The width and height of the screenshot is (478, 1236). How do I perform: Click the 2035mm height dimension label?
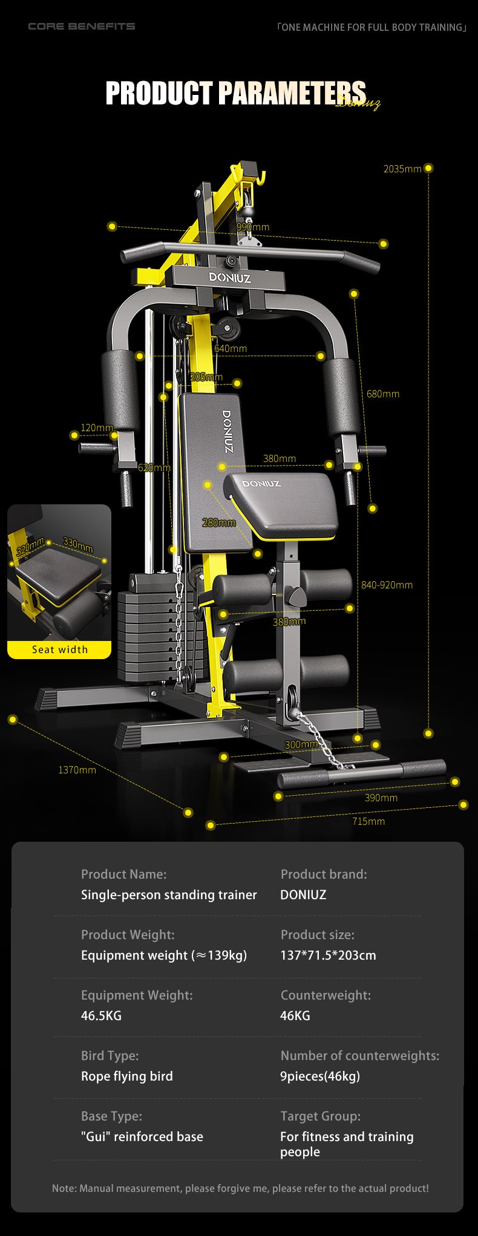click(402, 169)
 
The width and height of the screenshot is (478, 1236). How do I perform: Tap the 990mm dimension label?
click(253, 227)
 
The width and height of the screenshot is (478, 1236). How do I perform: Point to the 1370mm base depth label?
click(77, 770)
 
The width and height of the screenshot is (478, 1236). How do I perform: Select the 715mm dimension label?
click(368, 821)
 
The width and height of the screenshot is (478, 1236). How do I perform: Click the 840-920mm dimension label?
click(387, 585)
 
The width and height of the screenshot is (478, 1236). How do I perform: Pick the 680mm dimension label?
click(383, 394)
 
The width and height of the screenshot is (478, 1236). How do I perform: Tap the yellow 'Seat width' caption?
click(60, 649)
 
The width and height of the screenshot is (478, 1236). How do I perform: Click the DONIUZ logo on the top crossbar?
click(230, 278)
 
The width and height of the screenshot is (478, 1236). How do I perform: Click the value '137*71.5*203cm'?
click(328, 955)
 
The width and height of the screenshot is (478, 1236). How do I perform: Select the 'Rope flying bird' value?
click(127, 1076)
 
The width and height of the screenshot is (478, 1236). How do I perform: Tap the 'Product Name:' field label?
click(123, 874)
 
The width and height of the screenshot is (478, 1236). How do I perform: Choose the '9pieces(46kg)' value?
click(320, 1076)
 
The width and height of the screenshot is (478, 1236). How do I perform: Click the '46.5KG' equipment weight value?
click(101, 1016)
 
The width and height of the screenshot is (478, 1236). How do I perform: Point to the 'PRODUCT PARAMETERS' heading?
click(236, 93)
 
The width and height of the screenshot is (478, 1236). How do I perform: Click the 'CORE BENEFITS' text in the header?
click(82, 26)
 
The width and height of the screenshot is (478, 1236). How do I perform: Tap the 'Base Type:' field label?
click(111, 1116)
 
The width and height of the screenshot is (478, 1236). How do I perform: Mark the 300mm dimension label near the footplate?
click(301, 744)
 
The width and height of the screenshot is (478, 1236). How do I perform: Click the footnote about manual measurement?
click(240, 1188)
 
